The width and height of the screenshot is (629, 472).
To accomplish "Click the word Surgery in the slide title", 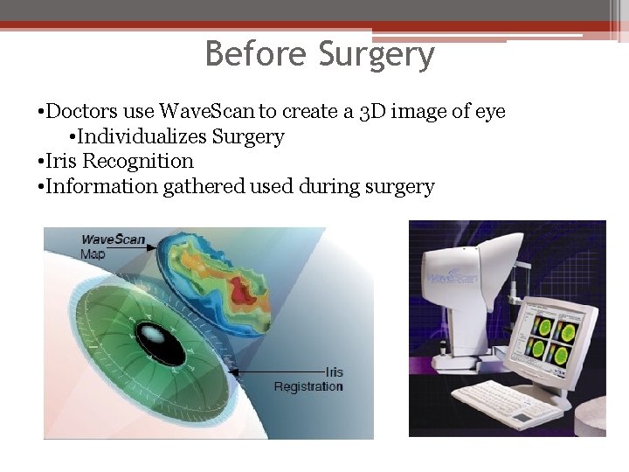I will coord(377,54).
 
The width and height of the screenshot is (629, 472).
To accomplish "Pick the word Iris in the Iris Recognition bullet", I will coord(63,162).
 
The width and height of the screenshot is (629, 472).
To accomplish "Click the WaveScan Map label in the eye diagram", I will coord(112,246).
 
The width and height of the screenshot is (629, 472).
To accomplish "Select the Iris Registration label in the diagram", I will coord(308,378).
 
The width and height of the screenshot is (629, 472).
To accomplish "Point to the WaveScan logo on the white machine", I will coord(451,279).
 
